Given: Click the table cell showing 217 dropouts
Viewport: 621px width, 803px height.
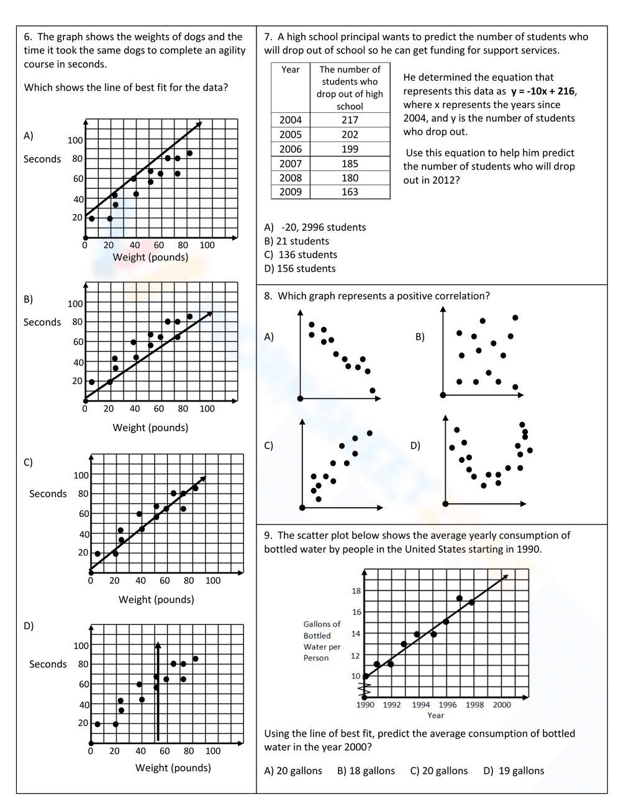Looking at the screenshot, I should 350,120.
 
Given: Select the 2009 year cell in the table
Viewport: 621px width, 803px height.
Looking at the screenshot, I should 290,192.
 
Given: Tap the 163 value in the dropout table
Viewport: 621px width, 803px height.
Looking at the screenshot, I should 350,192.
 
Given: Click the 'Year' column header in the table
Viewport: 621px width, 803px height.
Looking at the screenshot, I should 290,70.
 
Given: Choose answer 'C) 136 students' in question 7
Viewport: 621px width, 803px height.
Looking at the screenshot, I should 301,254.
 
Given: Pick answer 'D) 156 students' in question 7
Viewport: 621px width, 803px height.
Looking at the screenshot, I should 300,269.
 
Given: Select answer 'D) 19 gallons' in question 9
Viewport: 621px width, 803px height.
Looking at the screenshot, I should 514,771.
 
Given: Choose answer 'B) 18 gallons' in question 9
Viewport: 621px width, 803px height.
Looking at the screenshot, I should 366,771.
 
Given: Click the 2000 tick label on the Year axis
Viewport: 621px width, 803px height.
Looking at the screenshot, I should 502,704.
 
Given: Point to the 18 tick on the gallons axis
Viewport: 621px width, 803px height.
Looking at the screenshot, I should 356,591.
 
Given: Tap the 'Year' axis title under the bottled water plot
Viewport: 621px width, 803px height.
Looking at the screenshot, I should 435,716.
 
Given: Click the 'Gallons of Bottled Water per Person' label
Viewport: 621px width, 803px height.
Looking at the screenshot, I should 322,641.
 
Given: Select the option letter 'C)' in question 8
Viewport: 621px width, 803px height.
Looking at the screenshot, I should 269,446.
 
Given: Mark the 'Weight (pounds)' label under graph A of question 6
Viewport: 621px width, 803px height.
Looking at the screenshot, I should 150,257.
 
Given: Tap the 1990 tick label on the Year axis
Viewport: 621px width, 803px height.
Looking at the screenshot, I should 365,704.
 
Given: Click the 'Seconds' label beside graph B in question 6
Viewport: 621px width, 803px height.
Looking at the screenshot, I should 42,322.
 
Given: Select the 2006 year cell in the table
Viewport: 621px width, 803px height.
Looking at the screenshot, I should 290,149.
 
